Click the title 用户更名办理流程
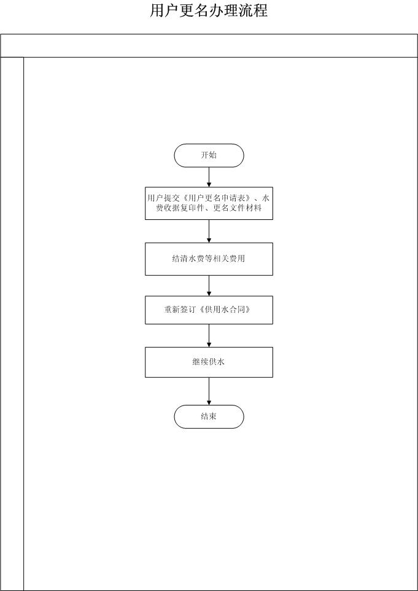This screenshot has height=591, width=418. point(209,10)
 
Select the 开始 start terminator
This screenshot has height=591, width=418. point(209,155)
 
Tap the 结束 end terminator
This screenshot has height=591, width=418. point(209,417)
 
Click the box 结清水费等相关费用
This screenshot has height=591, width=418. point(209,259)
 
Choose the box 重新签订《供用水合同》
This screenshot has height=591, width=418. point(209,310)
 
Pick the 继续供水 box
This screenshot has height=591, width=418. point(209,362)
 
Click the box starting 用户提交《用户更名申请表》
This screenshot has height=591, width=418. point(209,203)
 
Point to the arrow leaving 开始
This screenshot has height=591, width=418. point(209,177)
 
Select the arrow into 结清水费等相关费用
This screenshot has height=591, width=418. point(209,231)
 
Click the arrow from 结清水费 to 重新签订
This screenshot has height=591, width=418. point(209,286)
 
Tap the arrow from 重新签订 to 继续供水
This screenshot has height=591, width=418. point(209,335)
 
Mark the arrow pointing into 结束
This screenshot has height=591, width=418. point(209,391)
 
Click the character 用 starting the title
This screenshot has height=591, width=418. point(157,10)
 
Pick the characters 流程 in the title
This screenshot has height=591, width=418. point(253,10)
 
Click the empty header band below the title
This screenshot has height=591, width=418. point(209,45)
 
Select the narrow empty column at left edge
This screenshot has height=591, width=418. point(12,324)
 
